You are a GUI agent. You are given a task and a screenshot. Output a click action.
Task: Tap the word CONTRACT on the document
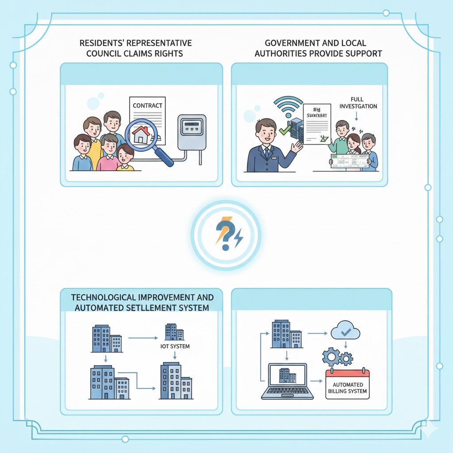click(147, 106)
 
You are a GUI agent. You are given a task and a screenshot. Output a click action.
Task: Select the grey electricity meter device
click(192, 132)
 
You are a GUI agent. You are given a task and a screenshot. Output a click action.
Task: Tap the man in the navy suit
click(268, 146)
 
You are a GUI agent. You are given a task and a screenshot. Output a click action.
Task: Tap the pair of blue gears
click(337, 356)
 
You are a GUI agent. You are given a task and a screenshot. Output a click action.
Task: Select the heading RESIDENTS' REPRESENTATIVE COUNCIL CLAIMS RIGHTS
click(135, 48)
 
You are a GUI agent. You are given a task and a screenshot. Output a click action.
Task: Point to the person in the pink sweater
click(108, 153)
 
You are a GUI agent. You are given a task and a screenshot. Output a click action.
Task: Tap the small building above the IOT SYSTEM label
click(174, 332)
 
